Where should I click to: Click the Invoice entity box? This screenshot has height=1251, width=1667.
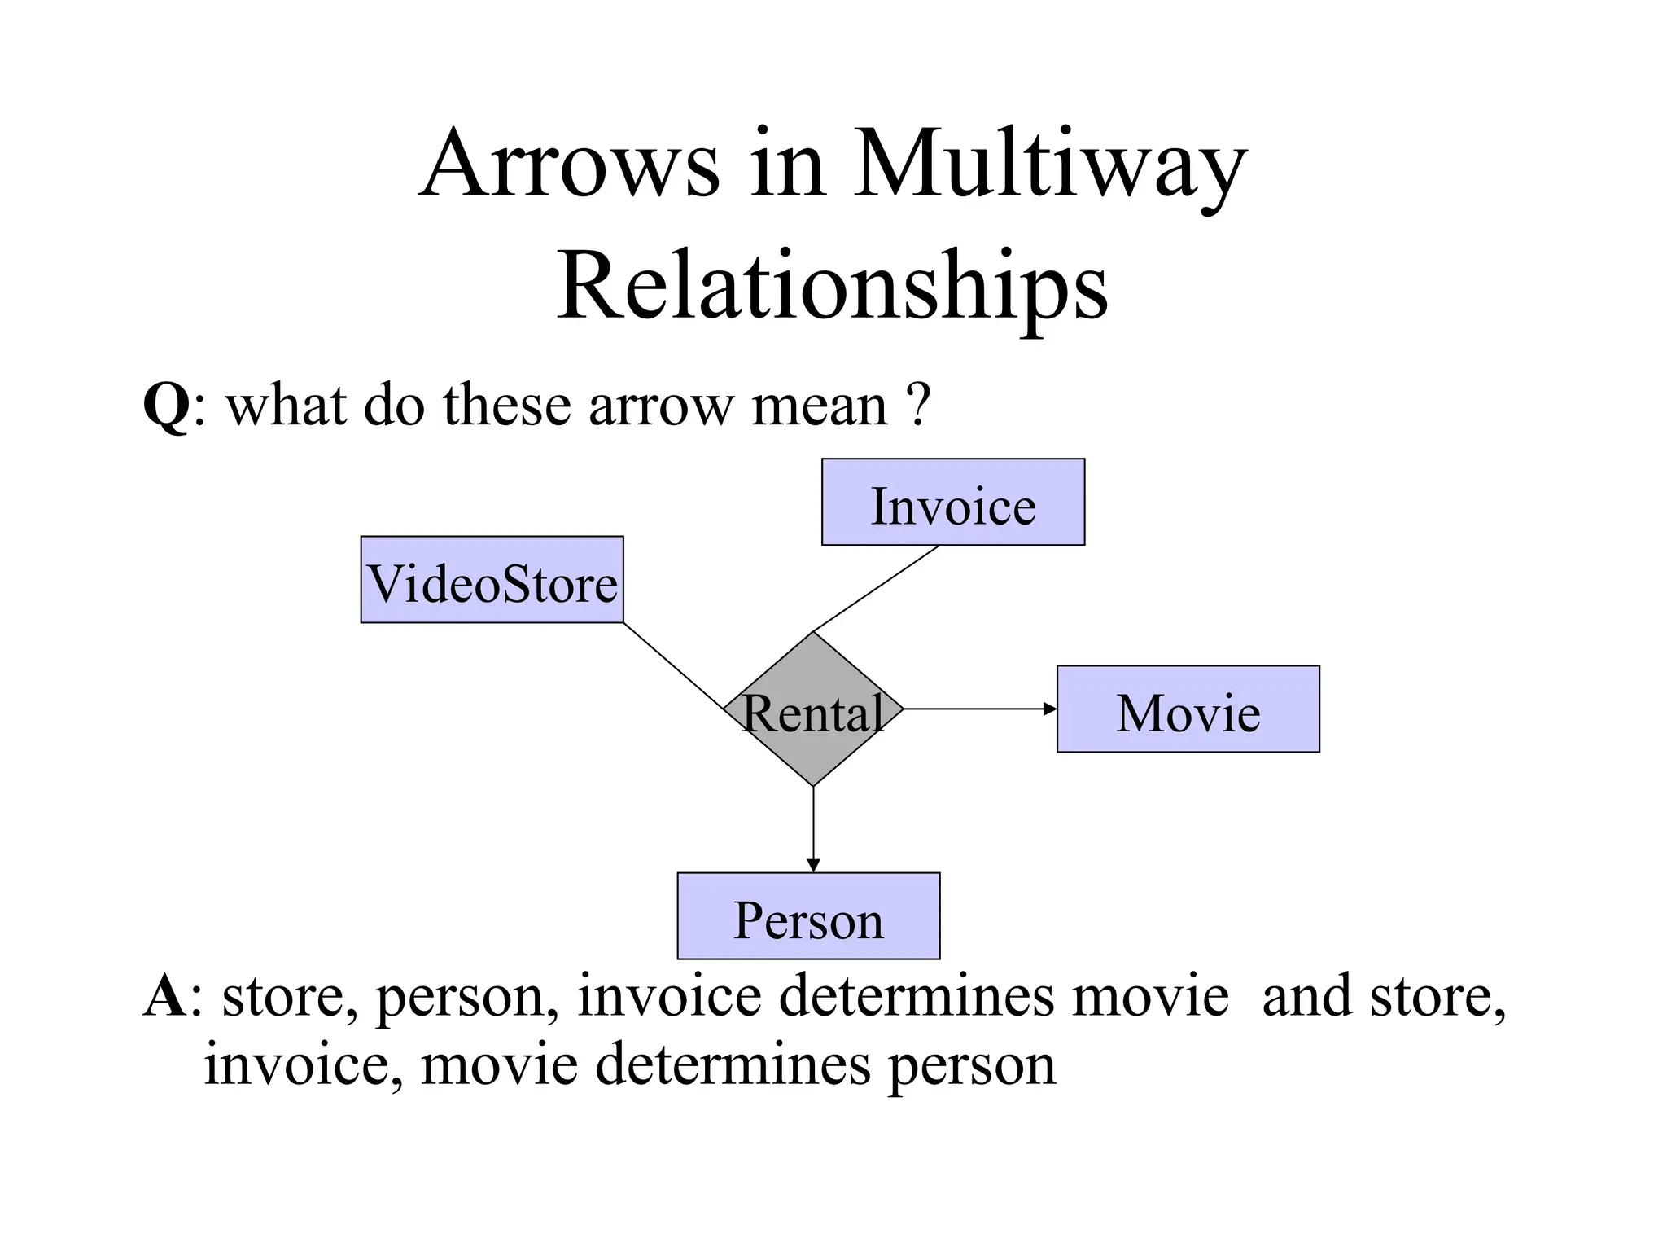[x=953, y=502]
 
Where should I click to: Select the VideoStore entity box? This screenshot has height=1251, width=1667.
[x=492, y=580]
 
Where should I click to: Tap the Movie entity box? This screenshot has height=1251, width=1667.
[x=1188, y=709]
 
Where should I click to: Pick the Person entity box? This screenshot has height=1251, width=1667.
[x=808, y=916]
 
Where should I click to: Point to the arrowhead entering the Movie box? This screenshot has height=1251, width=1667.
[x=1050, y=709]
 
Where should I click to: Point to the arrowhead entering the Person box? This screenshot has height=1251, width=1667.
[x=813, y=865]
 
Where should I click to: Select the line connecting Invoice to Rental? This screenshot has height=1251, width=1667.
[x=876, y=589]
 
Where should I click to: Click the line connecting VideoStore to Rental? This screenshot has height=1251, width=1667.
[x=673, y=666]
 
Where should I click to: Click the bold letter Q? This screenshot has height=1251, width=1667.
[x=166, y=405]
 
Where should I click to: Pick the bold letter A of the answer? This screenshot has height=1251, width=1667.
[x=164, y=995]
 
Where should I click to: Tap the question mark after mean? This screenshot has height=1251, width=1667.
[x=918, y=405]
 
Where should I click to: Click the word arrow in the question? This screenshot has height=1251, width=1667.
[x=660, y=405]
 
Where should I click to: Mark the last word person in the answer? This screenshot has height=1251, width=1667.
[x=972, y=1064]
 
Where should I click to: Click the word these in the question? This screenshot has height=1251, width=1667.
[x=506, y=405]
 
